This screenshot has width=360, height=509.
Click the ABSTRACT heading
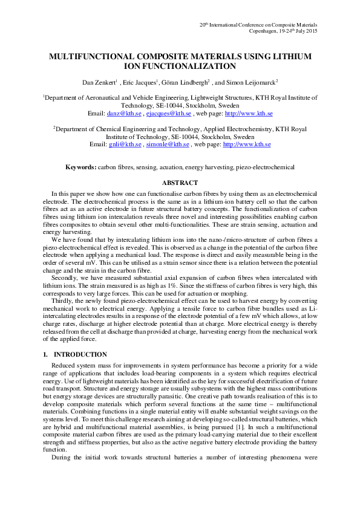180,183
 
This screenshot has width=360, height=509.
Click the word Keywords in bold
80,166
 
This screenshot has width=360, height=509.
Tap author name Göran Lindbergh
185,82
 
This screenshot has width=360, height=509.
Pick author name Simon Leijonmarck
252,82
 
